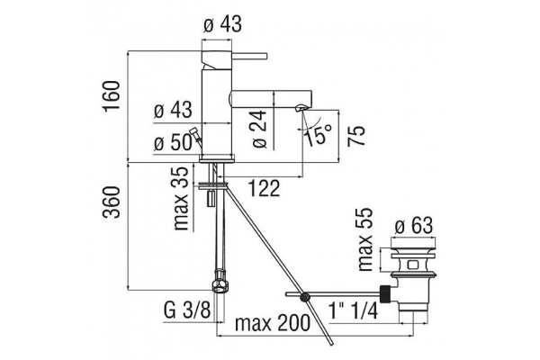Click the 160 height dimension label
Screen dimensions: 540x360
click(112, 95)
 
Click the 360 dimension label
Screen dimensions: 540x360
click(112, 202)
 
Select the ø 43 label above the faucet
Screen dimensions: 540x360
click(223, 24)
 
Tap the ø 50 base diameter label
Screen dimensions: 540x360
click(173, 142)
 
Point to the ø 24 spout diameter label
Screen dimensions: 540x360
click(260, 130)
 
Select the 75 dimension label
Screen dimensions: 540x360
click(355, 136)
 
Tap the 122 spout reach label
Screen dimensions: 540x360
click(264, 188)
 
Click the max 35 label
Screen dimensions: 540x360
click(181, 199)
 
